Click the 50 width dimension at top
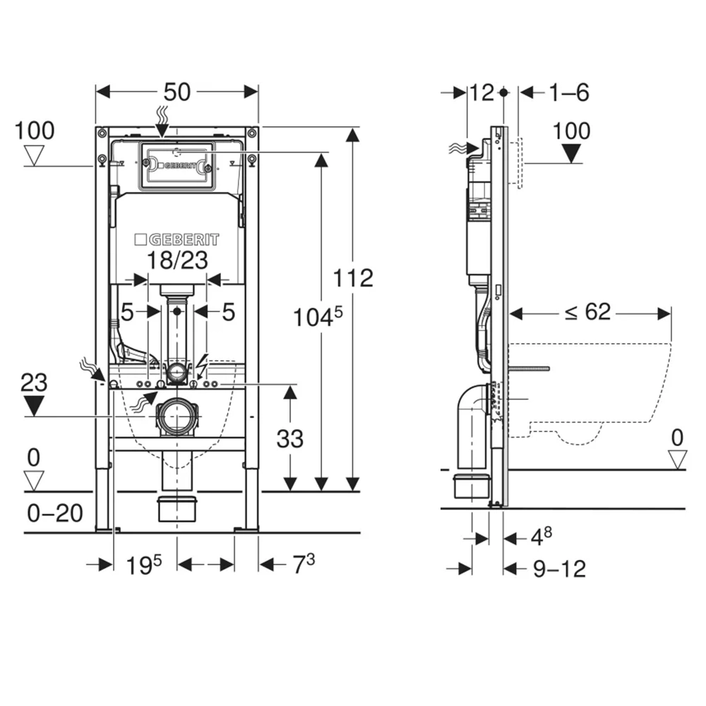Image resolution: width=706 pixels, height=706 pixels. point(177,92)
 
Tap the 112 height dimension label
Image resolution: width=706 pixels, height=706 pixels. point(353,277)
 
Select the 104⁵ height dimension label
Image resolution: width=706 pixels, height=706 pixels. point(318,316)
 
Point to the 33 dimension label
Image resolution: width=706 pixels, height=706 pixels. point(290,439)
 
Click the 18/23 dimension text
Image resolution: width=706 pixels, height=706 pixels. point(178,260)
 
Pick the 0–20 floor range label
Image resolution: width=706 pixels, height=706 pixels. point(55,513)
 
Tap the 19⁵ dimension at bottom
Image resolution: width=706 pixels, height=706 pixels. point(143,565)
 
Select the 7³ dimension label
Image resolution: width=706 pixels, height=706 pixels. point(304,564)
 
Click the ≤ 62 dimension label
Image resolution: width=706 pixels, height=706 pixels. point(587,311)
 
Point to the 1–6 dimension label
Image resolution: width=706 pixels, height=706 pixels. point(569,92)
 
